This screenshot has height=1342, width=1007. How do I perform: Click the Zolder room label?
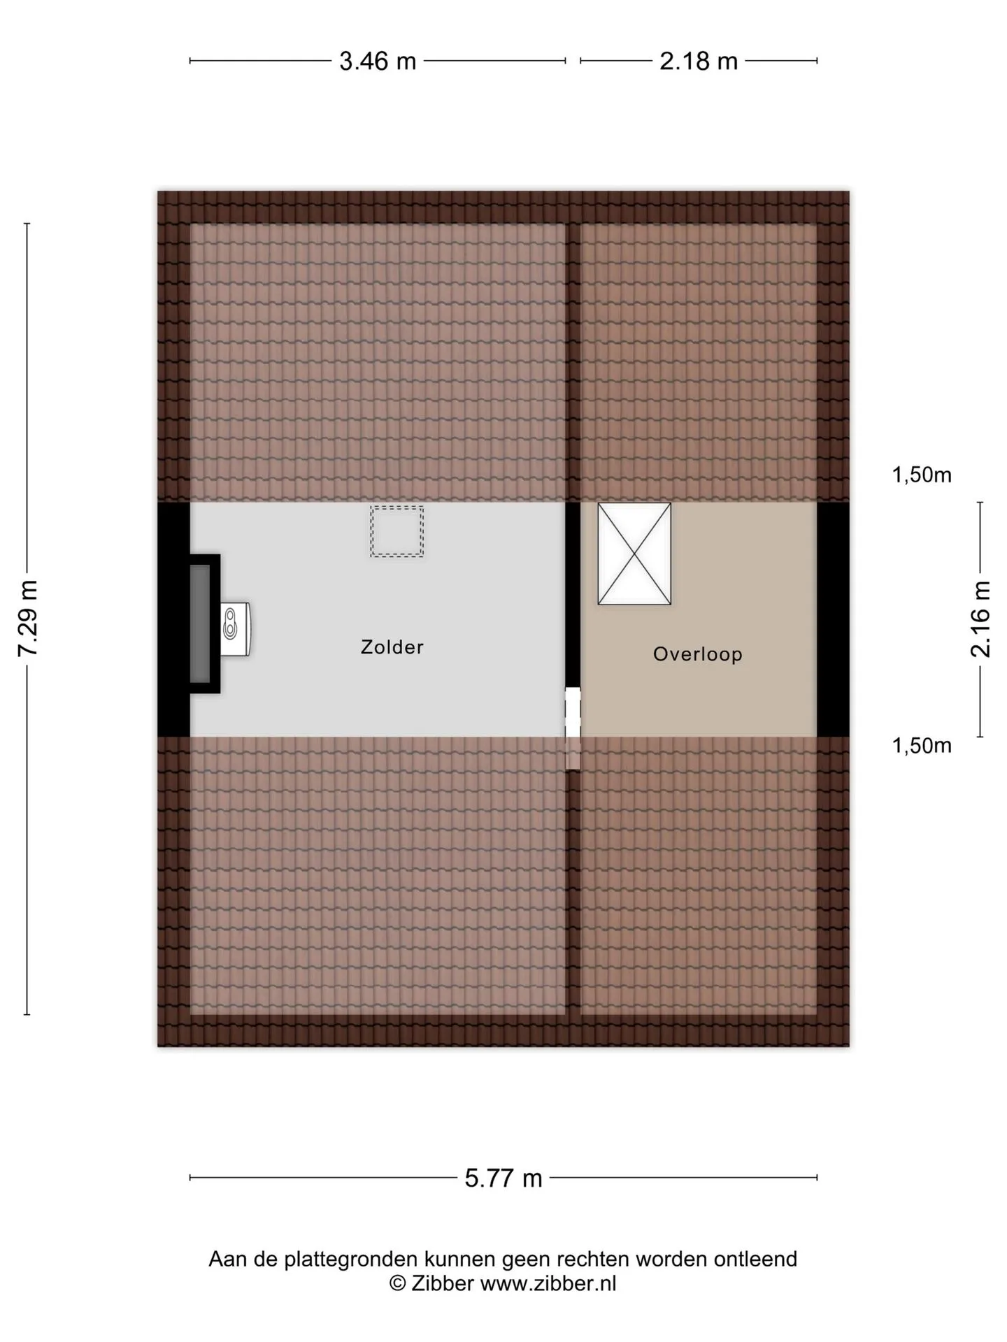[x=392, y=647]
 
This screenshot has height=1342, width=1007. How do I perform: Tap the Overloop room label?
[x=697, y=654]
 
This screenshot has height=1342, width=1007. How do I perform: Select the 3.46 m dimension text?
[x=378, y=62]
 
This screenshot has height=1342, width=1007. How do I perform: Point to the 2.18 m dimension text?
[x=699, y=62]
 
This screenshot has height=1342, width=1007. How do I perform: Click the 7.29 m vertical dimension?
[x=27, y=618]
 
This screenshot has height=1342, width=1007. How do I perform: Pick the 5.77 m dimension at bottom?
[x=503, y=1178]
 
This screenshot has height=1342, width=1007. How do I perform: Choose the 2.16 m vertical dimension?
[x=980, y=619]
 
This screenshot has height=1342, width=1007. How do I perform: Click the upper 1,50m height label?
[x=921, y=475]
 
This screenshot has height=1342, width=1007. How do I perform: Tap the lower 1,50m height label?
[x=921, y=746]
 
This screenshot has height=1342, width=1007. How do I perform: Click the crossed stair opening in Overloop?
[x=634, y=554]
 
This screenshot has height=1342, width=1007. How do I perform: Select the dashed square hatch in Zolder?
[x=397, y=531]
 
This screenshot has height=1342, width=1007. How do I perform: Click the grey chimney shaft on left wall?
[x=200, y=623]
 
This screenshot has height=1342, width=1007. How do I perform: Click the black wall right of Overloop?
[x=833, y=619]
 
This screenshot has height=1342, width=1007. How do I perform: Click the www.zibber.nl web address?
[x=548, y=1283]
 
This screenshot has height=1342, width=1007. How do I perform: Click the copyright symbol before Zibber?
[x=397, y=1284]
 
